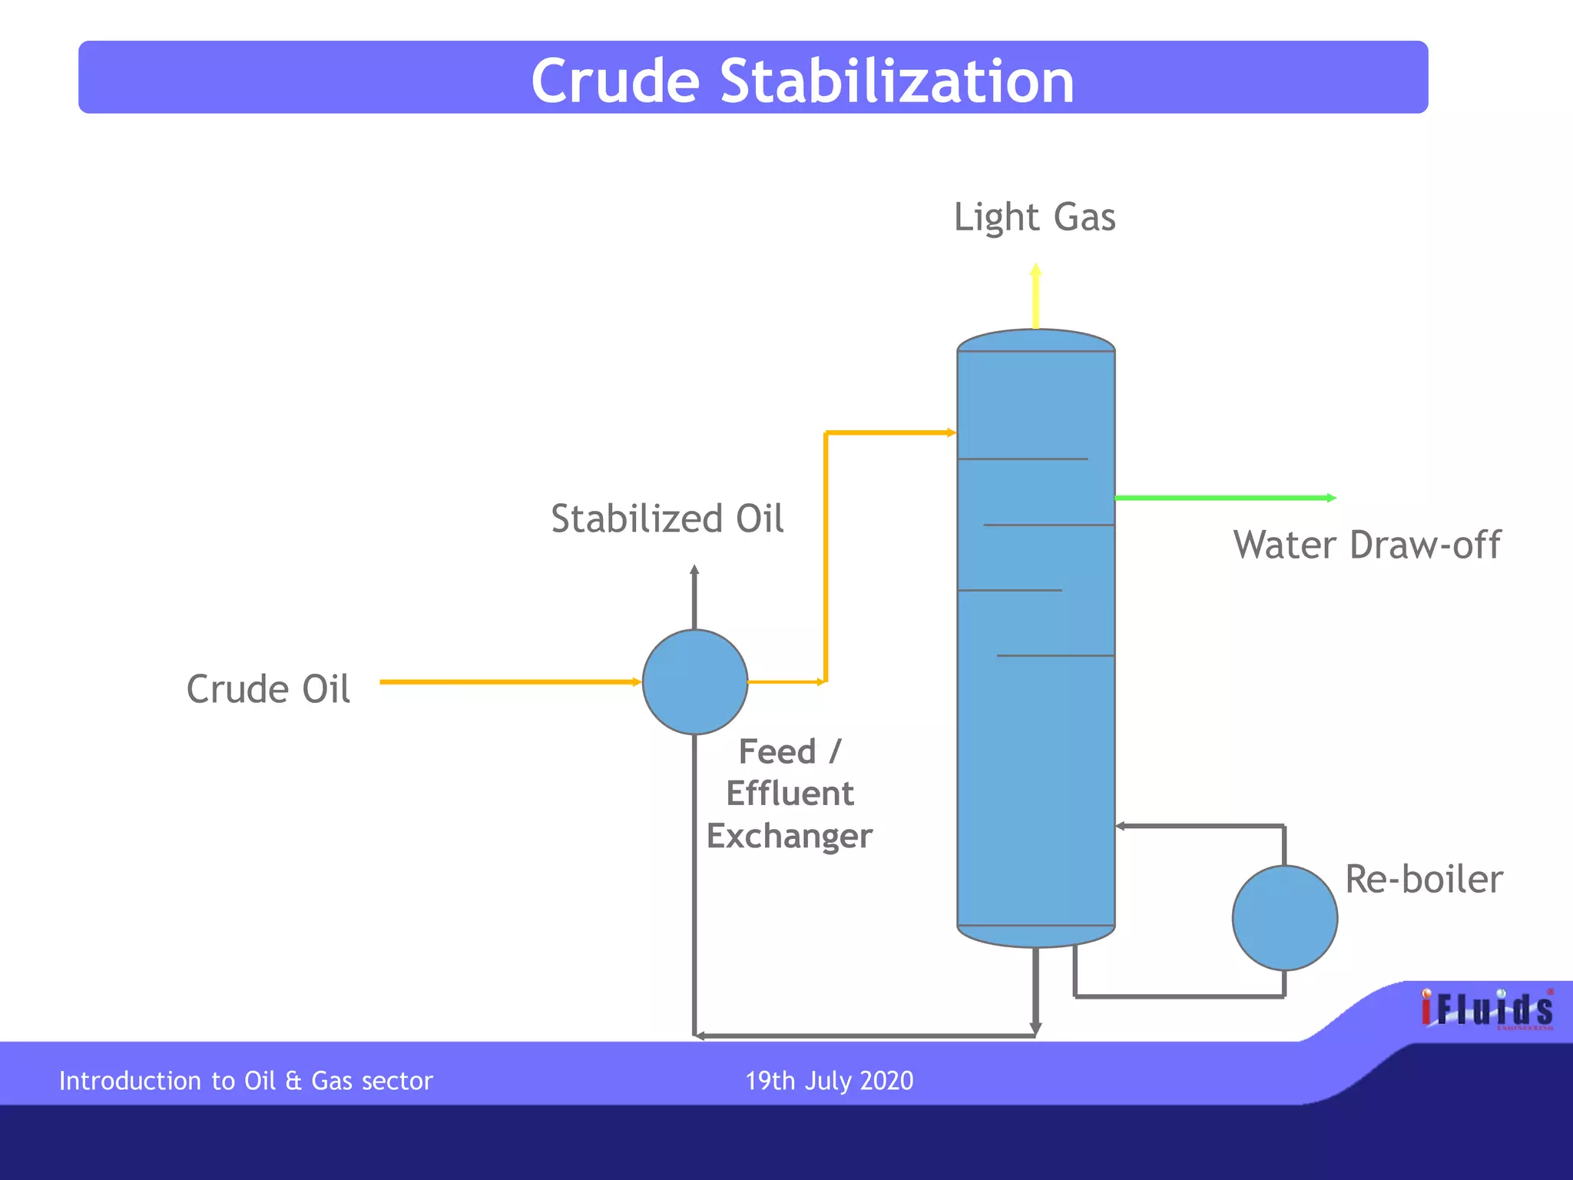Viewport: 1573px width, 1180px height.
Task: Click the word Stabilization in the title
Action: (x=896, y=81)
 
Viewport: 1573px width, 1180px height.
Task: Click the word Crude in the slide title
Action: (x=615, y=81)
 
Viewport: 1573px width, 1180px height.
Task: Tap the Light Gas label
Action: (x=1034, y=217)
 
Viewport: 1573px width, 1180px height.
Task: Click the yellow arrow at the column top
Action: (x=1035, y=296)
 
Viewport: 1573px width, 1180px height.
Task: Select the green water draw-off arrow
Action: (x=1224, y=498)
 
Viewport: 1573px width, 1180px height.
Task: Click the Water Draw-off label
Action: (x=1366, y=545)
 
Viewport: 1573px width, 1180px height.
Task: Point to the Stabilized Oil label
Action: (x=667, y=519)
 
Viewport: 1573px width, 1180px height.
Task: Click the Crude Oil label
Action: (x=268, y=689)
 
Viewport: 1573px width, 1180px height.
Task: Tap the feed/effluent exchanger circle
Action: (x=694, y=682)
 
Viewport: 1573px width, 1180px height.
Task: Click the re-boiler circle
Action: (x=1284, y=918)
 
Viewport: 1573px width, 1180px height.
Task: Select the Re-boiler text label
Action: (x=1423, y=880)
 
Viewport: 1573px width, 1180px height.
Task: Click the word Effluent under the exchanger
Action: (x=790, y=794)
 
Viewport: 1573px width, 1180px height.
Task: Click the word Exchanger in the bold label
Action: (x=790, y=836)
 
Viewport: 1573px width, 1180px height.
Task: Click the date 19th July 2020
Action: (x=829, y=1081)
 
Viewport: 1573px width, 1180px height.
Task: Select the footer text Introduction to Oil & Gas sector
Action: (x=246, y=1081)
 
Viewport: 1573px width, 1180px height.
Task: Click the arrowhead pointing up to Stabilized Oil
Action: (x=694, y=570)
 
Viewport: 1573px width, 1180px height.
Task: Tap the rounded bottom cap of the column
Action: (x=1035, y=936)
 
